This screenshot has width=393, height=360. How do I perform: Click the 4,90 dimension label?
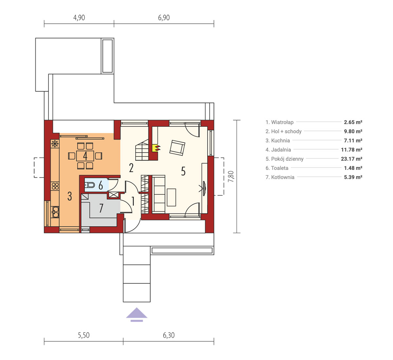coord(79,18)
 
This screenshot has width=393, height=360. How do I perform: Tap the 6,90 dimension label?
coord(164,18)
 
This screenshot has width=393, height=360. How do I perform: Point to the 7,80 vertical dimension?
coord(231,176)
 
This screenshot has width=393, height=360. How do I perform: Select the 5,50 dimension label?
coord(84,335)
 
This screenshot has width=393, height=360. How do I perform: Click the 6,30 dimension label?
coord(169,335)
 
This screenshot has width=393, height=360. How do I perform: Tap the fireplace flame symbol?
coord(157,148)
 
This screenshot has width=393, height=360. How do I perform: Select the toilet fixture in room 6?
coord(90,185)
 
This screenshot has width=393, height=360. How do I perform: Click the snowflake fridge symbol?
coord(55,144)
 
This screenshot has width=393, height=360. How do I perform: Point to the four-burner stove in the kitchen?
coord(55,186)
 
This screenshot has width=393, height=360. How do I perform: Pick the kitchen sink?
coord(55,212)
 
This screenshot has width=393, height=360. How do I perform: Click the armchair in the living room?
coord(177,148)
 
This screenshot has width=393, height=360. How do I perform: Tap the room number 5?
coord(183,171)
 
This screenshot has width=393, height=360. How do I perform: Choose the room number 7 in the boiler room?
coord(101,208)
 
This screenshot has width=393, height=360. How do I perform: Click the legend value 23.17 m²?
coord(351,159)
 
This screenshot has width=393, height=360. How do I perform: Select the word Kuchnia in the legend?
coord(280,140)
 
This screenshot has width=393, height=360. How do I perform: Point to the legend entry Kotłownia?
coord(280,177)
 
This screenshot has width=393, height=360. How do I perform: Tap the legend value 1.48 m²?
coord(353,168)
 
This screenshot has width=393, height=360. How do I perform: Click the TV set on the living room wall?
coord(204,189)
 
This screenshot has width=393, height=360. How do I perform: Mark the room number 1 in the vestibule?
coord(133,201)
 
